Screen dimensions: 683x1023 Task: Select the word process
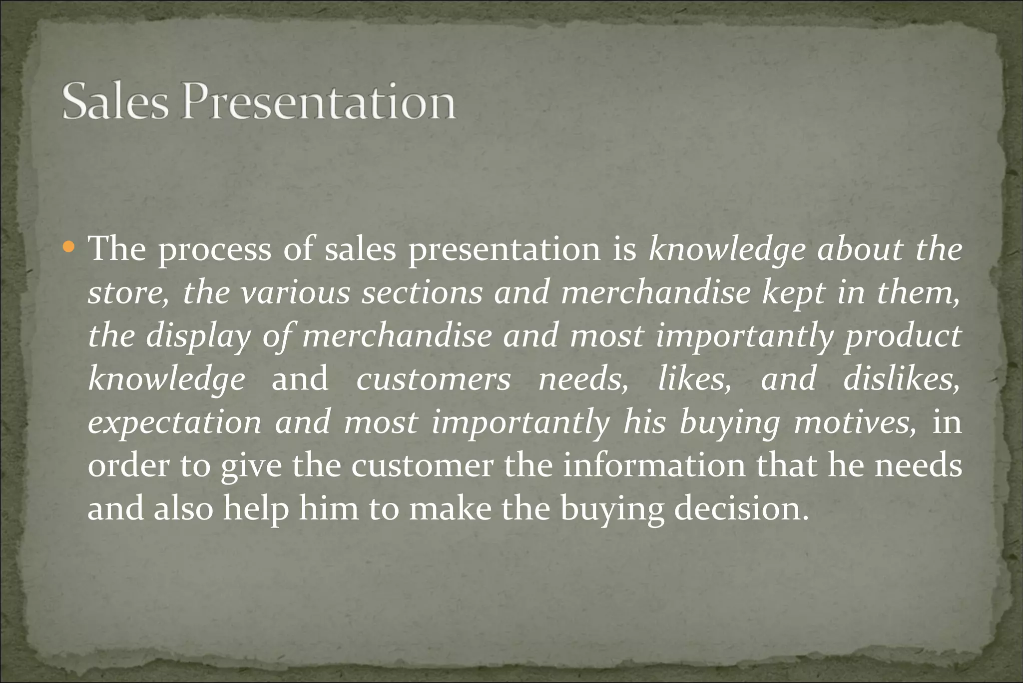tap(215, 250)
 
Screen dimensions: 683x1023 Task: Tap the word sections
tap(422, 293)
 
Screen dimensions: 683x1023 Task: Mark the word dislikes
tap(902, 379)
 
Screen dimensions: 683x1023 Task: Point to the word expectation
tap(174, 423)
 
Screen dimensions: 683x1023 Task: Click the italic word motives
tap(855, 422)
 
